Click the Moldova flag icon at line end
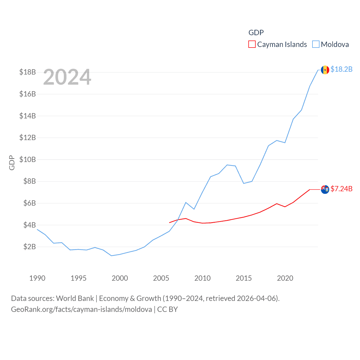tap(325, 70)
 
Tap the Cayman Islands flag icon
tap(325, 189)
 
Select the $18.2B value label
tap(341, 69)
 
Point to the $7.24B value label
tap(341, 189)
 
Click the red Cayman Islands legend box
tap(252, 44)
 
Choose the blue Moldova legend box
tap(316, 44)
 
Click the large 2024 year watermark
tap(67, 77)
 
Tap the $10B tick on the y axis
tap(28, 159)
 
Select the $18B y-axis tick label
tap(28, 72)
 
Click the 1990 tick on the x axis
tap(37, 278)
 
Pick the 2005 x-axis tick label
tap(161, 278)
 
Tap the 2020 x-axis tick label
tap(285, 278)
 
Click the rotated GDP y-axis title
tap(12, 163)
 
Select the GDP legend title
tap(256, 33)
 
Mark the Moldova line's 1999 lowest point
tap(112, 256)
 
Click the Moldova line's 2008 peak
tap(186, 202)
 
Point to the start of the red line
tap(170, 222)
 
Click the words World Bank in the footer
tap(75, 298)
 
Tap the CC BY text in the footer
tap(167, 309)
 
